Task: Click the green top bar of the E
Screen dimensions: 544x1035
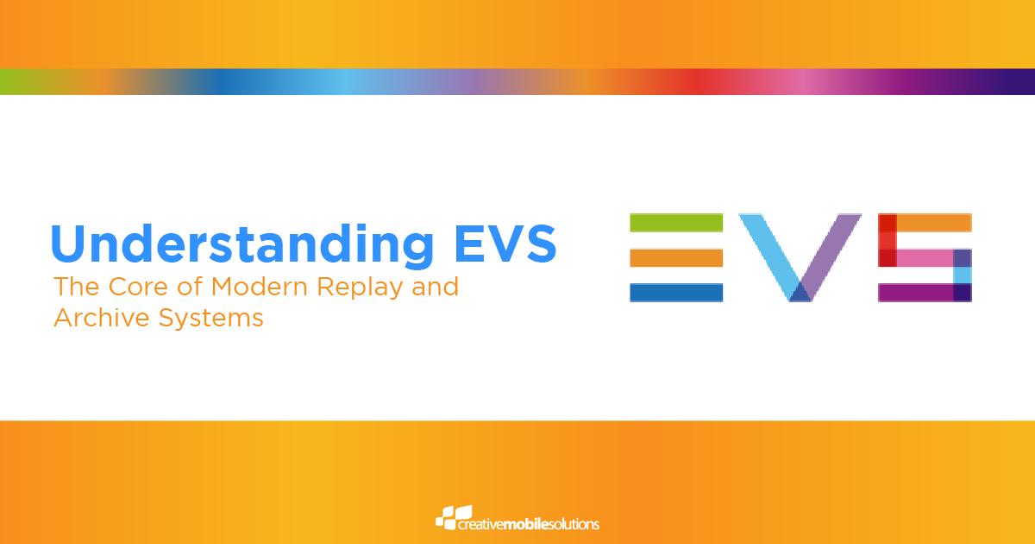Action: tap(676, 222)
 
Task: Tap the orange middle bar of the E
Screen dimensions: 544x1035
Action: tap(676, 257)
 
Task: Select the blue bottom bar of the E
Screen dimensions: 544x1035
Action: tap(676, 293)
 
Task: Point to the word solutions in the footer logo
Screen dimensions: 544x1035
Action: tap(574, 523)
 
